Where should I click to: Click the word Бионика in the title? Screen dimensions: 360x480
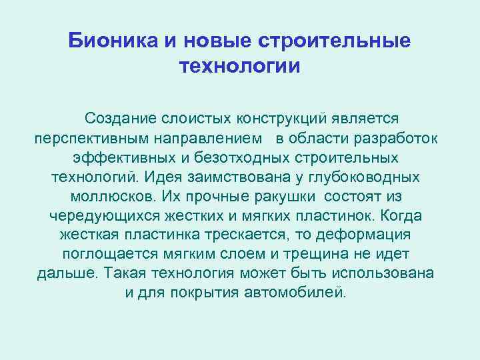[111, 42]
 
